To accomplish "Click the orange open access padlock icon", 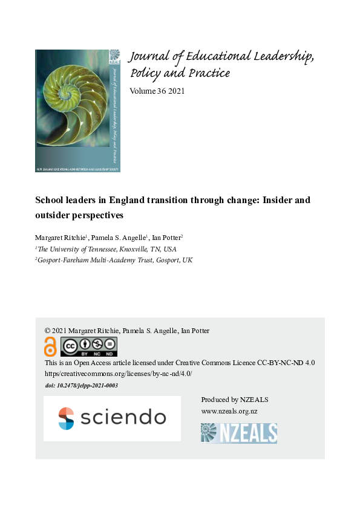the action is coord(50,347).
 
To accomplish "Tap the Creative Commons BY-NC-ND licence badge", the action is coord(88,347).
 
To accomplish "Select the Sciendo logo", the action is coord(112,418).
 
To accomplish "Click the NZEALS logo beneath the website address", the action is coord(238,433).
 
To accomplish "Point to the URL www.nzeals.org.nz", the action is coord(229,411).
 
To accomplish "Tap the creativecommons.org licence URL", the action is coord(118,374).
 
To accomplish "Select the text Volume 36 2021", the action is coord(157,91).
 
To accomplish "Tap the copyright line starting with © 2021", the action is coord(127,331).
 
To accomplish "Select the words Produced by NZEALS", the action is coord(234,400).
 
